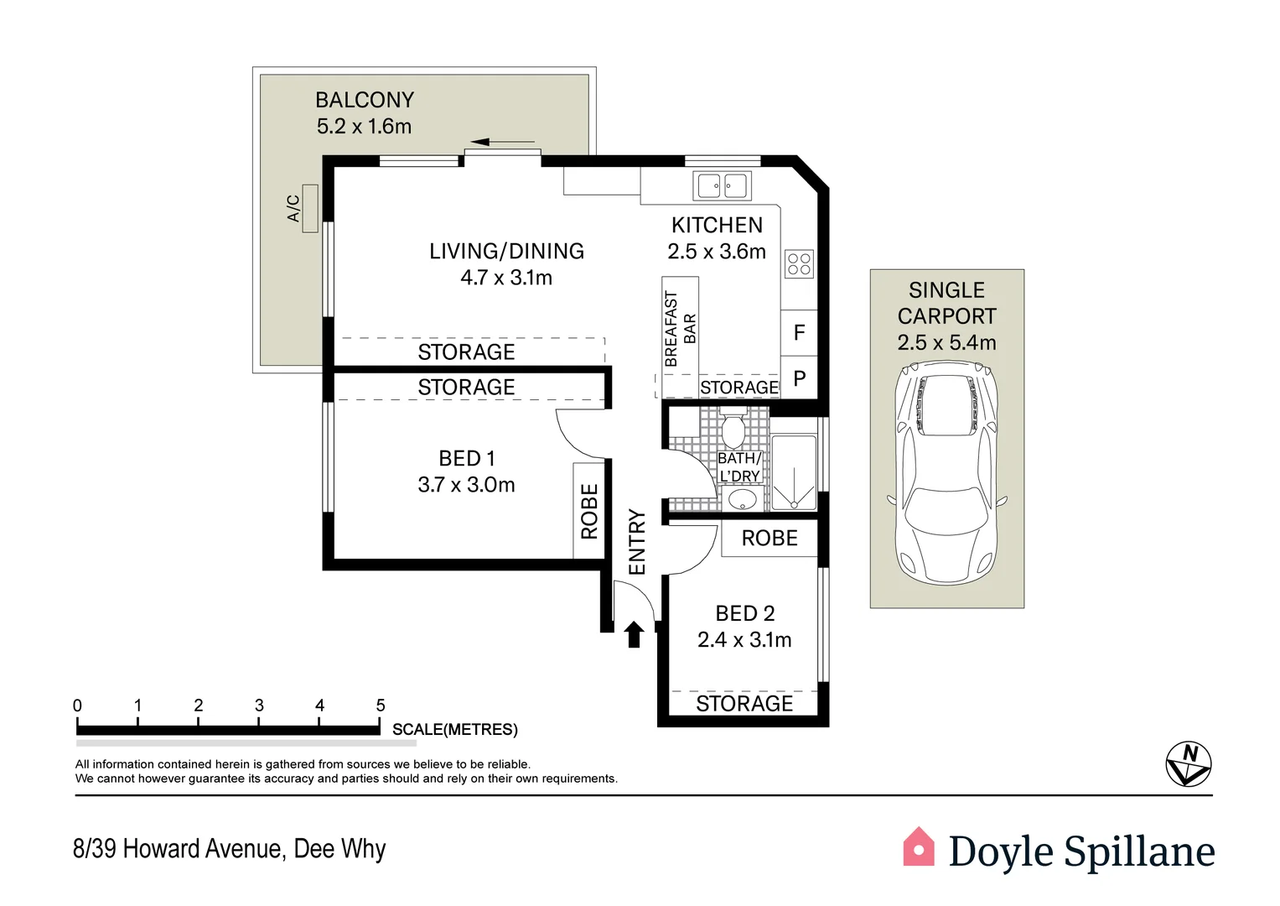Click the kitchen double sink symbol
(722, 185)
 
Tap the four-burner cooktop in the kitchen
(799, 264)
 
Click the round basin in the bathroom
(742, 500)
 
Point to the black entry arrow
(634, 634)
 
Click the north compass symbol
(1189, 764)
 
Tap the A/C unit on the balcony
(310, 208)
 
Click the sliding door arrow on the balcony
(502, 142)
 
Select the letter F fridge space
(799, 333)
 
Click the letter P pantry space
(799, 379)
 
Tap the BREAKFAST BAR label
(680, 329)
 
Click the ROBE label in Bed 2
(770, 539)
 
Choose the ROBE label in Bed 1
(589, 511)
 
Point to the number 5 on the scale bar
(381, 706)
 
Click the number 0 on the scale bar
(77, 706)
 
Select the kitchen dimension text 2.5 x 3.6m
(717, 252)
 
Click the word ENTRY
(637, 542)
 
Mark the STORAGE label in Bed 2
(744, 704)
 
